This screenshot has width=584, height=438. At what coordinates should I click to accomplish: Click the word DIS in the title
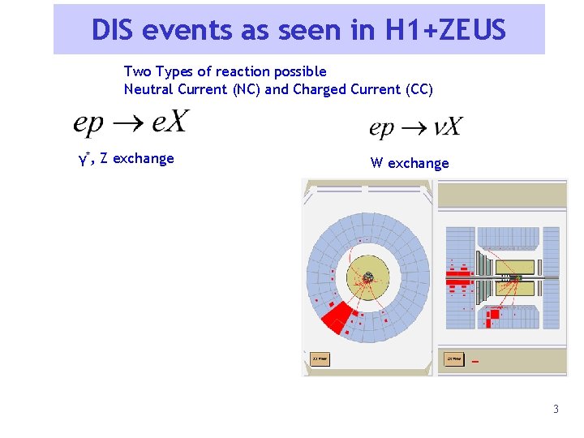112,30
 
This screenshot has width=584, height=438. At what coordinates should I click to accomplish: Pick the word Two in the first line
136,71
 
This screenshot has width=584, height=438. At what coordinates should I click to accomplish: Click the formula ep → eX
131,122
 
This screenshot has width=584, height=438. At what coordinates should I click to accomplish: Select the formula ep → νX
415,127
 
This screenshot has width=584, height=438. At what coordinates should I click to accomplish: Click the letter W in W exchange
377,163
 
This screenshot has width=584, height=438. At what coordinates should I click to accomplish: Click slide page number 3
556,409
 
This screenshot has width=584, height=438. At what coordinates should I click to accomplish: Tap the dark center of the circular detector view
367,278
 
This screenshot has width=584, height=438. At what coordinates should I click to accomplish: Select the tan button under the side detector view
453,358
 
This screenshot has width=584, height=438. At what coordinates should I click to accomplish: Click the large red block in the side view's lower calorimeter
489,320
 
